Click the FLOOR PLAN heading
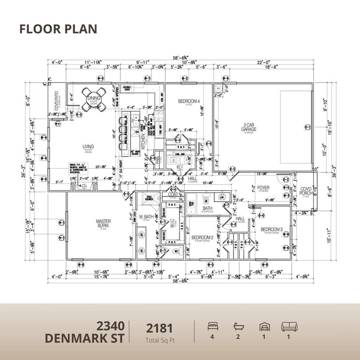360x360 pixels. tap(58, 29)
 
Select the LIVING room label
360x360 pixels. tap(88, 146)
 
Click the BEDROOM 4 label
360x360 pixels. tap(188, 101)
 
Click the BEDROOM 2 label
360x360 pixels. tap(202, 238)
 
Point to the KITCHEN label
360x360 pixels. tap(143, 141)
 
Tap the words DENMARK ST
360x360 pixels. tap(85, 338)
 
